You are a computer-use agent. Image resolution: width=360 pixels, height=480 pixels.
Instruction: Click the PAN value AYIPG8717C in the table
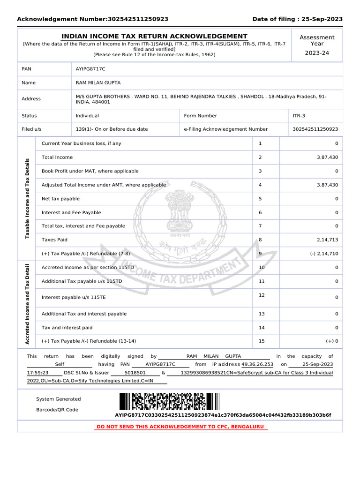[x=90, y=69]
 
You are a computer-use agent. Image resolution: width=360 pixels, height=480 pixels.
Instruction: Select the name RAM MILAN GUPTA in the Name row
[x=98, y=83]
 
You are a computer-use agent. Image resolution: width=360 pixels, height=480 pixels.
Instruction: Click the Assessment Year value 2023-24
[x=317, y=53]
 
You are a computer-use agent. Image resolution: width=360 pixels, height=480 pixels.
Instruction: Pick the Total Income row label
[x=57, y=157]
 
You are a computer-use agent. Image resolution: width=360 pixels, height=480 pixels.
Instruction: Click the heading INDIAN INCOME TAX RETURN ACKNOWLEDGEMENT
[x=155, y=37]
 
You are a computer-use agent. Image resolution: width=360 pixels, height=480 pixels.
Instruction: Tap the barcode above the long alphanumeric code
[x=169, y=402]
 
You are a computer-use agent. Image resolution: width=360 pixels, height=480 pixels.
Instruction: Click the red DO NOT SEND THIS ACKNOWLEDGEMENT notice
[x=180, y=427]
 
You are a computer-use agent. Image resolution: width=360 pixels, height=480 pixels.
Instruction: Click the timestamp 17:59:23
[x=37, y=373]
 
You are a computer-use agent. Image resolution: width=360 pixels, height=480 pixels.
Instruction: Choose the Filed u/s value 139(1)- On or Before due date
[x=112, y=129]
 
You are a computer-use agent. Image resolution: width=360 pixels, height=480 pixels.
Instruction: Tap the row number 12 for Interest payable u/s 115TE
[x=262, y=295]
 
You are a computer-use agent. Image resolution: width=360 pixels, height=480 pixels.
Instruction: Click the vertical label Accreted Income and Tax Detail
[x=26, y=305]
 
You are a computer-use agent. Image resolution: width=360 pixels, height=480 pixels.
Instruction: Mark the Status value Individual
[x=87, y=116]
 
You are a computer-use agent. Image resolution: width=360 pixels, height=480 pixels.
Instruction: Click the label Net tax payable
[x=60, y=199]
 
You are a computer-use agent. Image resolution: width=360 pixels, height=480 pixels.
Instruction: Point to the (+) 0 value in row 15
[x=332, y=341]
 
